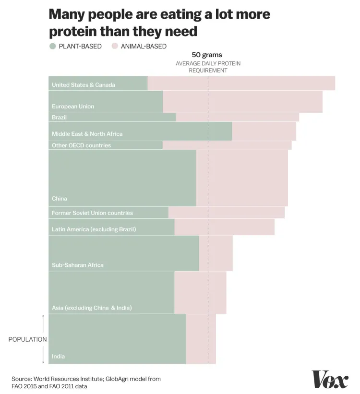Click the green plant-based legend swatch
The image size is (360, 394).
pos(52,47)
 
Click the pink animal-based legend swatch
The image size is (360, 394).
pos(114,47)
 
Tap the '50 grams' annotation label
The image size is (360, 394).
pos(207,55)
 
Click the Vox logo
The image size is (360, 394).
pos(330,379)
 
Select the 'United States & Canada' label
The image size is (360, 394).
pos(84,85)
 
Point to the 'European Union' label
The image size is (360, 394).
pos(73,107)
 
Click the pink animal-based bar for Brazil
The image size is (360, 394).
pos(237,118)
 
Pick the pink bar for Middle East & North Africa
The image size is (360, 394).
pos(264,131)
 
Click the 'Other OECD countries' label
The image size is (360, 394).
pos(81,145)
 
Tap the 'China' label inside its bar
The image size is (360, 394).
pos(60,199)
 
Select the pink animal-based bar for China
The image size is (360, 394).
pos(242,178)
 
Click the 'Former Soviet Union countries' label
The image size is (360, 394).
pos(92,213)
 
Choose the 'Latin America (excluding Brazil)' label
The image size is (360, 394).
pos(94,229)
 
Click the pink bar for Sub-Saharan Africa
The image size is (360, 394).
pos(216,253)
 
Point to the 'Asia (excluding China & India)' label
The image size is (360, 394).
pos(92,308)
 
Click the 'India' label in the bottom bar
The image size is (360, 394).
pos(58,357)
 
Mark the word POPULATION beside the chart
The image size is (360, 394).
pos(27,339)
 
